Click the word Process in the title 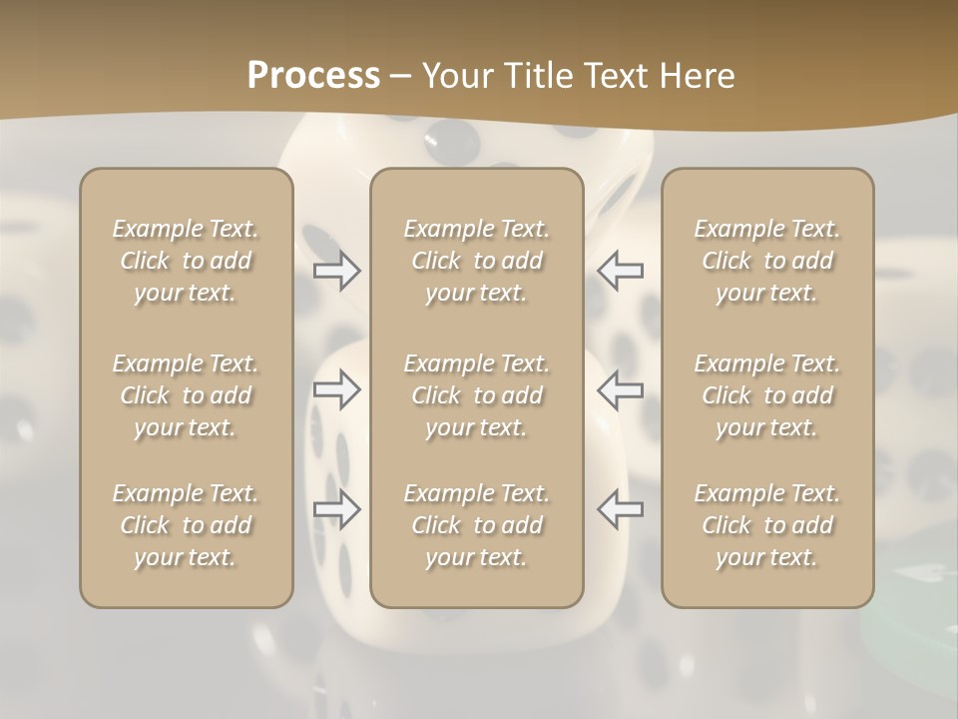tap(313, 76)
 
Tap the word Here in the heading tap(696, 76)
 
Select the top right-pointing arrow tap(337, 271)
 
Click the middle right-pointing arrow tap(337, 389)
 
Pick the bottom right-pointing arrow tap(337, 509)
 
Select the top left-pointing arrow tap(620, 271)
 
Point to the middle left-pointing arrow tap(620, 389)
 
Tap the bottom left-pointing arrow tap(620, 509)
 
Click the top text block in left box tap(186, 261)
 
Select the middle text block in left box tap(186, 395)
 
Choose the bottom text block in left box tap(186, 525)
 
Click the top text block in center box tap(476, 261)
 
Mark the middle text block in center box tap(476, 395)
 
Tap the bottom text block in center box tap(476, 525)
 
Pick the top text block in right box tap(766, 261)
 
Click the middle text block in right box tap(766, 395)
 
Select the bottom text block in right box tap(766, 525)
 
